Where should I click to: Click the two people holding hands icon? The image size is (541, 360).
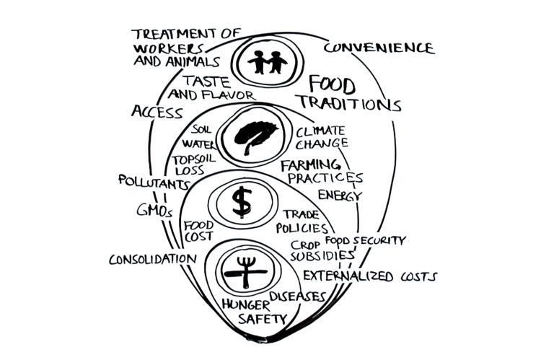[x=268, y=62]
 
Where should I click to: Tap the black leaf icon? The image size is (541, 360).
[x=255, y=137]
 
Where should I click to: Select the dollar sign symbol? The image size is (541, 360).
[x=242, y=202]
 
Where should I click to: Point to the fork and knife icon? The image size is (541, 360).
[x=246, y=272]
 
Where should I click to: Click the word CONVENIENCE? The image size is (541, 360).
[x=379, y=48]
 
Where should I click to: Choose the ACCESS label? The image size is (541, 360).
[x=157, y=112]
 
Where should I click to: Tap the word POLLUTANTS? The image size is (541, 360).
[x=154, y=182]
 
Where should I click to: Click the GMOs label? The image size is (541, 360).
[x=154, y=210]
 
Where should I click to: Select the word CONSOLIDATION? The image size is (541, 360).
[x=153, y=259]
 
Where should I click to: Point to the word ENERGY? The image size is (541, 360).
[x=340, y=196]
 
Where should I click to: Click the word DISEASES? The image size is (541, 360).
[x=297, y=296]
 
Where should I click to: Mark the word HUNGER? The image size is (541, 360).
[x=246, y=304]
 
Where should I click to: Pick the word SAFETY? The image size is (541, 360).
[x=263, y=319]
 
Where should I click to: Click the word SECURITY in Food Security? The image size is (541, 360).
[x=379, y=240]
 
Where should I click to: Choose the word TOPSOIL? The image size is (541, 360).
[x=194, y=159]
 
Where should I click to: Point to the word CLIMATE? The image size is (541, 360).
[x=320, y=131]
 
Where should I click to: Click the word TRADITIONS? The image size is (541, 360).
[x=350, y=103]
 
